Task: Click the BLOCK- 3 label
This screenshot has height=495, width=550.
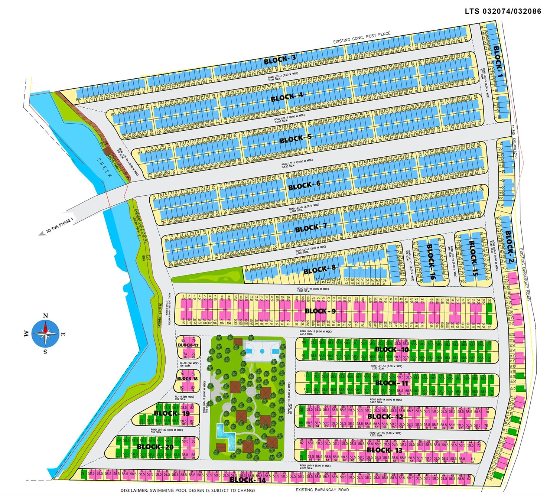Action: coord(280,59)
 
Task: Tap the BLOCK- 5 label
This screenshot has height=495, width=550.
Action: coord(296,139)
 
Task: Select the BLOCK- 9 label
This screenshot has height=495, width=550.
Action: coord(320,311)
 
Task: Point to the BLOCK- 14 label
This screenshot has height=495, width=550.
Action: coord(248,479)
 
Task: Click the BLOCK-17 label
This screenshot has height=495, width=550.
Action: coord(188,345)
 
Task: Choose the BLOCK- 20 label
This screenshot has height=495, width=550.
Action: coord(155,446)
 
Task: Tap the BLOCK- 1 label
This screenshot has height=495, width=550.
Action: coord(498,61)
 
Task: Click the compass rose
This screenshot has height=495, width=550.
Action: coord(45,333)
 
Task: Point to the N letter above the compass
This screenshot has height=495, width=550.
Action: coord(45,316)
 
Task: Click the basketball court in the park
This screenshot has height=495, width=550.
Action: coord(262,351)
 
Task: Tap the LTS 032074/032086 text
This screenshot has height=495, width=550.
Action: coord(503,11)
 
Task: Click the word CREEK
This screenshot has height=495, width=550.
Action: coord(104,167)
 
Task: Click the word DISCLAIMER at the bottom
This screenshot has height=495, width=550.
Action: coord(134,490)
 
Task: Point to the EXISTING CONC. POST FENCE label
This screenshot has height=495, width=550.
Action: coord(361,38)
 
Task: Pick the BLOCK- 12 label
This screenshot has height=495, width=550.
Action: coord(385,416)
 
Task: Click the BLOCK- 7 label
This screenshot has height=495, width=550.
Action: coord(311,228)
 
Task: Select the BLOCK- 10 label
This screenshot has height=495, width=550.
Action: coord(391,349)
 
